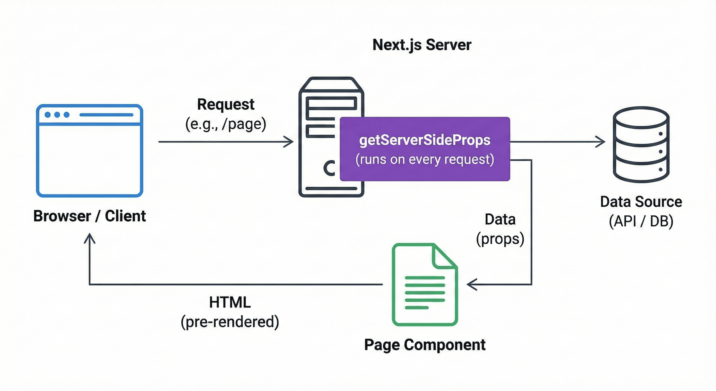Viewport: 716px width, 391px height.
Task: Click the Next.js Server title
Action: coord(422,45)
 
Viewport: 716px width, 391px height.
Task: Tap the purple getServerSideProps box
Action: coord(425,149)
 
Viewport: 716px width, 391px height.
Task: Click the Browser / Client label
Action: coord(89,216)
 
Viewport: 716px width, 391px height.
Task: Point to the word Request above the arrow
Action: coord(226,104)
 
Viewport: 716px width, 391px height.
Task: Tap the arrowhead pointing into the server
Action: coord(290,142)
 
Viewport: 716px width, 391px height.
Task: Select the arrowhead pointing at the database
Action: coord(602,142)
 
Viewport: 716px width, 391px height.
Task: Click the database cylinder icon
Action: coord(641,145)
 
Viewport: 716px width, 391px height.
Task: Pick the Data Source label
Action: coord(641,202)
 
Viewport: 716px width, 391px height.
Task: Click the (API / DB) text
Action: coord(641,221)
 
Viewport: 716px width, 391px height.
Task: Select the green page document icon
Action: coord(425,284)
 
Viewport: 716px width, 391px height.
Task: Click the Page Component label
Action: coord(425,345)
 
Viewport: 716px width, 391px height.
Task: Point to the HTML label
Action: coord(230,302)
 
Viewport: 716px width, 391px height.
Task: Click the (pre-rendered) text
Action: coord(230,322)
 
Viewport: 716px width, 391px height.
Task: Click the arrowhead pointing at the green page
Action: coord(470,284)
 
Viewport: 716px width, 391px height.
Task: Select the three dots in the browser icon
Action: coord(57,115)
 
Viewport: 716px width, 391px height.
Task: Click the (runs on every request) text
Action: coord(425,159)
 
